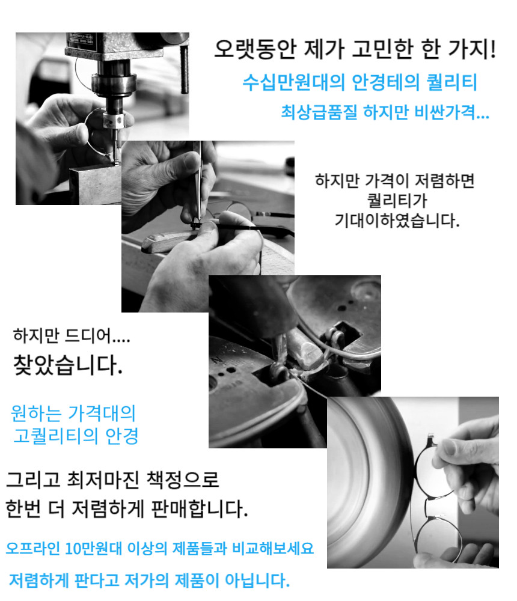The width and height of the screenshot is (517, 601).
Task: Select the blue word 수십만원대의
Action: (294, 82)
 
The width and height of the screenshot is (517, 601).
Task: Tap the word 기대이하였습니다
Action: (397, 221)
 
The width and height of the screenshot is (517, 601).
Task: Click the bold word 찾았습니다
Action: (68, 365)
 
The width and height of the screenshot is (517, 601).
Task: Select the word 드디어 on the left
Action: (88, 335)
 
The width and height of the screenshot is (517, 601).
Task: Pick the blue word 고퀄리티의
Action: (55, 436)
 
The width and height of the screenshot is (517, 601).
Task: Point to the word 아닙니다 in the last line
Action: (257, 581)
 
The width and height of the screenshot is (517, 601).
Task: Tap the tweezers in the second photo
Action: (198, 184)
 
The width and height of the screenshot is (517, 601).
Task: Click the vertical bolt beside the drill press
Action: (185, 70)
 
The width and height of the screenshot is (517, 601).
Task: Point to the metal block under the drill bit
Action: (95, 184)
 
